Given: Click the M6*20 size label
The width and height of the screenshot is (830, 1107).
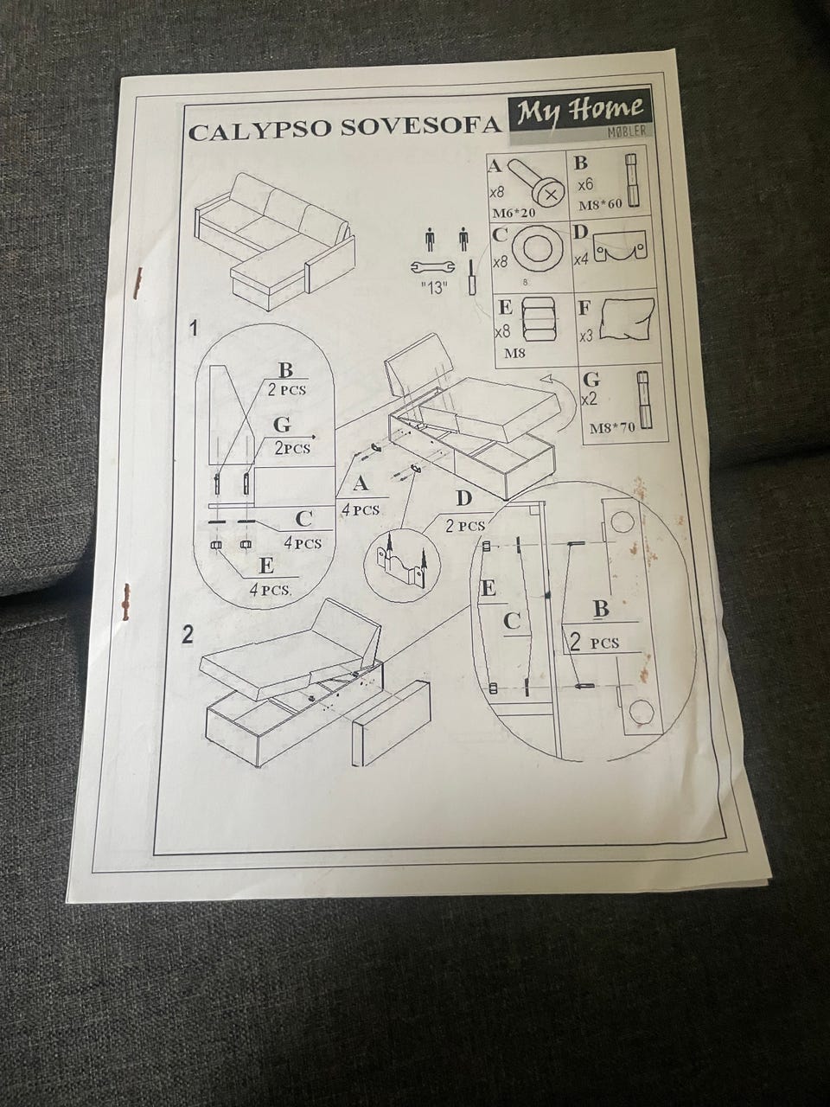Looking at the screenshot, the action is tap(514, 213).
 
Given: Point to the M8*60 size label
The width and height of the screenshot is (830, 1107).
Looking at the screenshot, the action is tap(600, 204).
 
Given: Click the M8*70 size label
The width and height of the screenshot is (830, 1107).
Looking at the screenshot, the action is tap(613, 428).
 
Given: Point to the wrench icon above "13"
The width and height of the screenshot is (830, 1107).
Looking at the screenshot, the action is tap(433, 267).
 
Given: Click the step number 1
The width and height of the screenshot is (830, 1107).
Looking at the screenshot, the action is tap(195, 330).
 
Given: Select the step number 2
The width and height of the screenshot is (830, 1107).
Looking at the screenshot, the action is tap(187, 636).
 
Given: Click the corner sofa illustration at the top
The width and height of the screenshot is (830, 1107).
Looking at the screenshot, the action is tap(276, 241).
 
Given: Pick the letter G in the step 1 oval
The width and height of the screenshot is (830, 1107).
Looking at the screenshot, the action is tap(282, 425).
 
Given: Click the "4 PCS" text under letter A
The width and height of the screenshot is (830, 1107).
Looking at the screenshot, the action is tap(361, 510).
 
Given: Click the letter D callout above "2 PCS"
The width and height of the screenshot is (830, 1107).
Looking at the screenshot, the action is tap(463, 499).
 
